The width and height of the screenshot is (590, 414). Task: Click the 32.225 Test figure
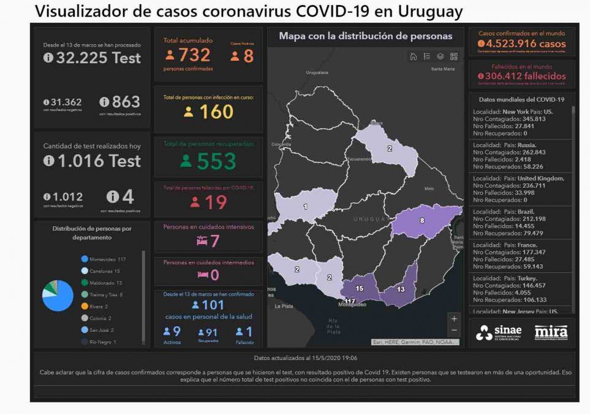tap(93, 58)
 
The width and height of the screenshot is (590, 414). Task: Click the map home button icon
tap(414, 56)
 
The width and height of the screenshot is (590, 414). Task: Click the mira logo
tap(551, 332)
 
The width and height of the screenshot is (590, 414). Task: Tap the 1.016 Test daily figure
tap(93, 161)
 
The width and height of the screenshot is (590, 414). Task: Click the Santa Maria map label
tap(443, 69)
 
